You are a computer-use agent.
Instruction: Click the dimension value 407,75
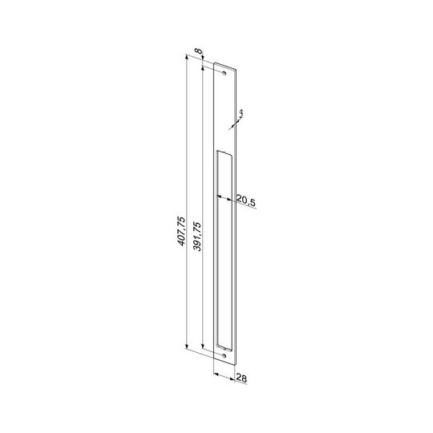pyautogui.click(x=181, y=231)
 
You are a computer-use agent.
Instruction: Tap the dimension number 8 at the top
pyautogui.click(x=198, y=51)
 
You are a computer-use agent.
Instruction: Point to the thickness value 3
pyautogui.click(x=241, y=113)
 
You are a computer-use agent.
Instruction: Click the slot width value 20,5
pyautogui.click(x=246, y=200)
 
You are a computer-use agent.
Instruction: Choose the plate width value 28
pyautogui.click(x=241, y=378)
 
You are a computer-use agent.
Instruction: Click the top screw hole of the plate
pyautogui.click(x=225, y=73)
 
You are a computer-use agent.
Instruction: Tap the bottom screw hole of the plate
pyautogui.click(x=224, y=356)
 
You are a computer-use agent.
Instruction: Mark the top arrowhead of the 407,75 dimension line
pyautogui.click(x=187, y=58)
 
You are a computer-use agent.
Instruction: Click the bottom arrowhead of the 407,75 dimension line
pyautogui.click(x=187, y=347)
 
